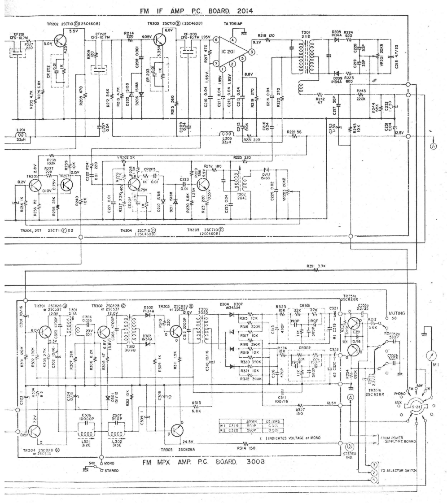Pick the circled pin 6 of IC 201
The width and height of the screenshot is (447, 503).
coord(215,40)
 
